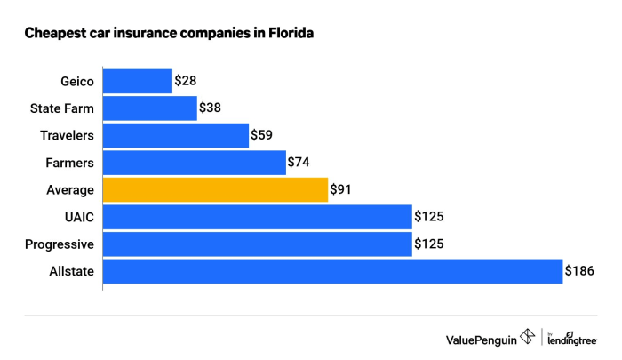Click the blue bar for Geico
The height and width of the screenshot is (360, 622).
[138, 81]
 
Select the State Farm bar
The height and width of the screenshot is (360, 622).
[150, 108]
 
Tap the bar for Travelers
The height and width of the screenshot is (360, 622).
[176, 135]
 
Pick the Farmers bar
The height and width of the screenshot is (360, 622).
[195, 163]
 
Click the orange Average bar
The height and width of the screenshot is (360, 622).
[215, 189]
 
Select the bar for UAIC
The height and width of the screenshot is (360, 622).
[258, 216]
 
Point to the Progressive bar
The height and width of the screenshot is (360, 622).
[258, 244]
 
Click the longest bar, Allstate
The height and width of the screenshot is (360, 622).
[333, 271]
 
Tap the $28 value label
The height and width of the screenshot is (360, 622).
[185, 81]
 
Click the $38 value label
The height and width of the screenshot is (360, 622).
[210, 108]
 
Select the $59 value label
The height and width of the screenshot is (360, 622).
[261, 135]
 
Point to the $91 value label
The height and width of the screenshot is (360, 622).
[341, 189]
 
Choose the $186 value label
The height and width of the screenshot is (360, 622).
[579, 271]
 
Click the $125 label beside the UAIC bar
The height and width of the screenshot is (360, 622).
[428, 216]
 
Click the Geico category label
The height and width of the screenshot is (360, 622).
[76, 81]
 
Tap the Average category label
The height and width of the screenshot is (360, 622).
[70, 189]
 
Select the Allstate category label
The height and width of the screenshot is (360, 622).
[72, 271]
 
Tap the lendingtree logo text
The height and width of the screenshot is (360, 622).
[572, 340]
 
